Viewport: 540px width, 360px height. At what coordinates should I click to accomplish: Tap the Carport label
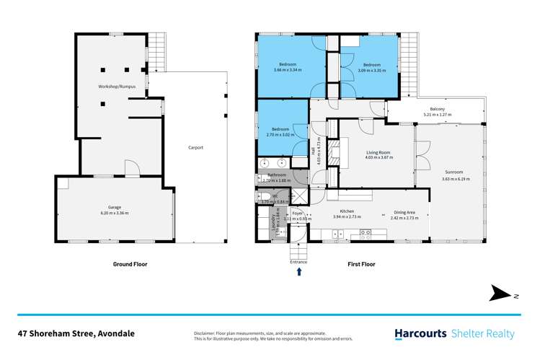click(195, 147)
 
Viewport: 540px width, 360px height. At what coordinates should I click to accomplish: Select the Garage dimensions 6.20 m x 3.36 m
click(114, 213)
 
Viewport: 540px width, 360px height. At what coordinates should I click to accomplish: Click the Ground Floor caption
click(130, 264)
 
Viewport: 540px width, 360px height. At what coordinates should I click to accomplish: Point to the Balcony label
click(431, 109)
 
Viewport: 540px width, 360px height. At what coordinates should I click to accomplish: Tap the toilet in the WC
click(264, 196)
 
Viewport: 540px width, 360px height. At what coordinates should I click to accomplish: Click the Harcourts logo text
click(420, 333)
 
